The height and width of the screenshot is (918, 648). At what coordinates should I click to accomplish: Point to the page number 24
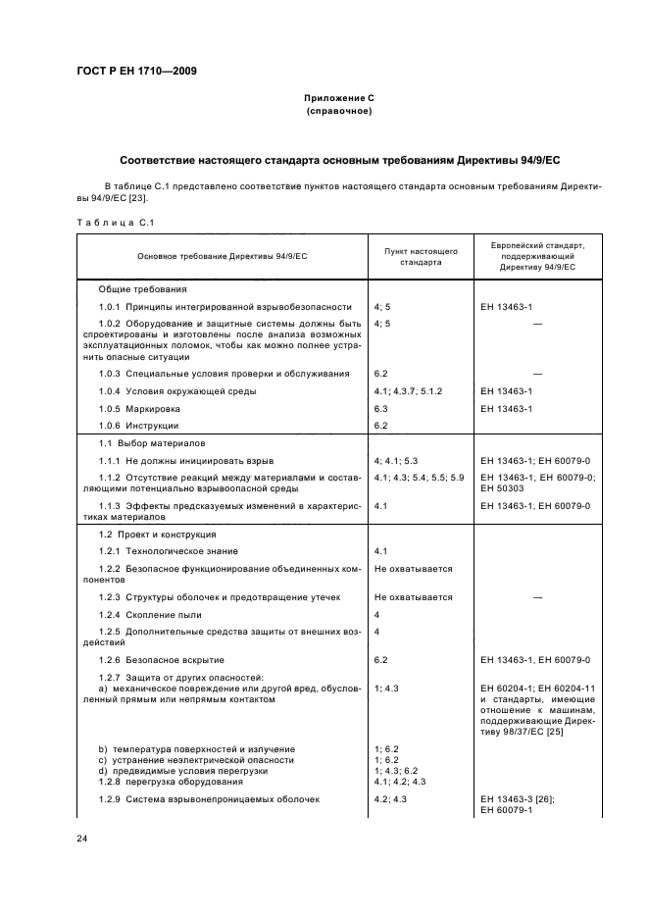pyautogui.click(x=82, y=840)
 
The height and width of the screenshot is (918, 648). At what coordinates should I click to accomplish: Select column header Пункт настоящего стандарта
pyautogui.click(x=421, y=256)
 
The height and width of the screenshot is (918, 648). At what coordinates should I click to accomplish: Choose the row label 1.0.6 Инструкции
pyautogui.click(x=138, y=425)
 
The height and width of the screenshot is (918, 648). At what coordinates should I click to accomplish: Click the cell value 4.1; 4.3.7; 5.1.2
pyautogui.click(x=409, y=391)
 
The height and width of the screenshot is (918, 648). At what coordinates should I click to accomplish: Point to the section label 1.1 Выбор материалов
pyautogui.click(x=150, y=443)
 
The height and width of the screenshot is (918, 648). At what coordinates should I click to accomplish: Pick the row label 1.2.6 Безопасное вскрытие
pyautogui.click(x=161, y=660)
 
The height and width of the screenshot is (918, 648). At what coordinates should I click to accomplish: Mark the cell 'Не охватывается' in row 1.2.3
pyautogui.click(x=413, y=596)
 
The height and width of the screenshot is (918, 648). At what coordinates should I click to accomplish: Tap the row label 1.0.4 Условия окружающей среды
pyautogui.click(x=164, y=391)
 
